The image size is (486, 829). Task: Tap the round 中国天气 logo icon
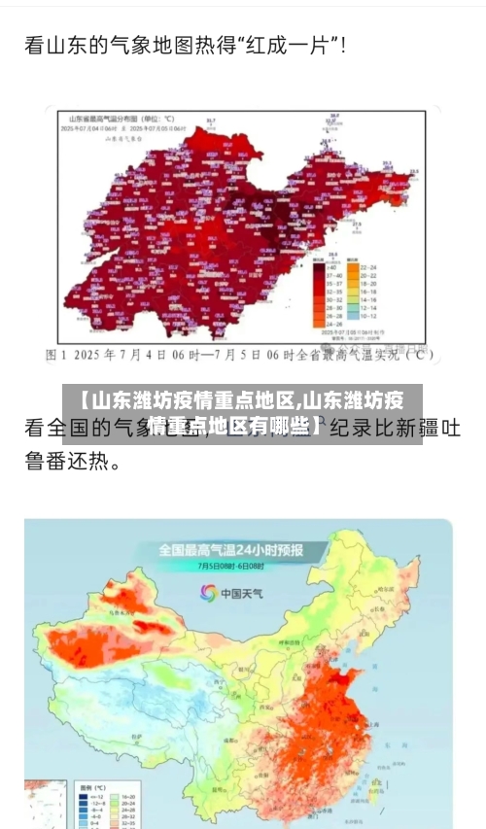click(x=208, y=592)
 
